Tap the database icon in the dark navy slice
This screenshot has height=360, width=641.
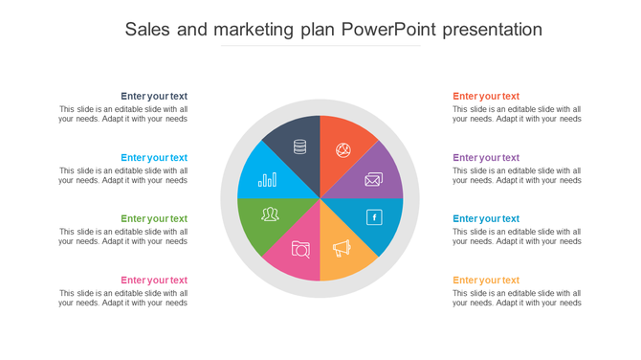[x=299, y=146]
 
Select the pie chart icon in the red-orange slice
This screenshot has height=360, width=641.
[x=343, y=150]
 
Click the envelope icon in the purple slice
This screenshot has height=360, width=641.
[x=373, y=179]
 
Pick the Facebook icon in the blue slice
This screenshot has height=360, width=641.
[x=374, y=217]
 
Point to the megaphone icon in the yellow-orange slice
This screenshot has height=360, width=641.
[x=342, y=248]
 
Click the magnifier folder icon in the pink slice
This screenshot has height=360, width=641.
[x=300, y=249]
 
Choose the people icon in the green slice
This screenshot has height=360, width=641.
[x=270, y=214]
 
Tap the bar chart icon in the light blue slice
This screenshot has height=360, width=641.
[x=268, y=179]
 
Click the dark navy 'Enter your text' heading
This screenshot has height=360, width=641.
[x=154, y=96]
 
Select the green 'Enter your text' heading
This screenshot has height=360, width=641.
[x=154, y=218]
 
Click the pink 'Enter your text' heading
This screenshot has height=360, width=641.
[x=154, y=280]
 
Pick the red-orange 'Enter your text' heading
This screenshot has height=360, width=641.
[x=486, y=96]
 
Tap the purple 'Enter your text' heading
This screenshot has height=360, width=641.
[x=486, y=157]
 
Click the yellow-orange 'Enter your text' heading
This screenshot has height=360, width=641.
[x=486, y=280]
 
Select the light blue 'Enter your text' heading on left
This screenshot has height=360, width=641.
[x=154, y=157]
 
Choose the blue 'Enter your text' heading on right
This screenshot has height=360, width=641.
[x=486, y=218]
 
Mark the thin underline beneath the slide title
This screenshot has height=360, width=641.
[x=320, y=45]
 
